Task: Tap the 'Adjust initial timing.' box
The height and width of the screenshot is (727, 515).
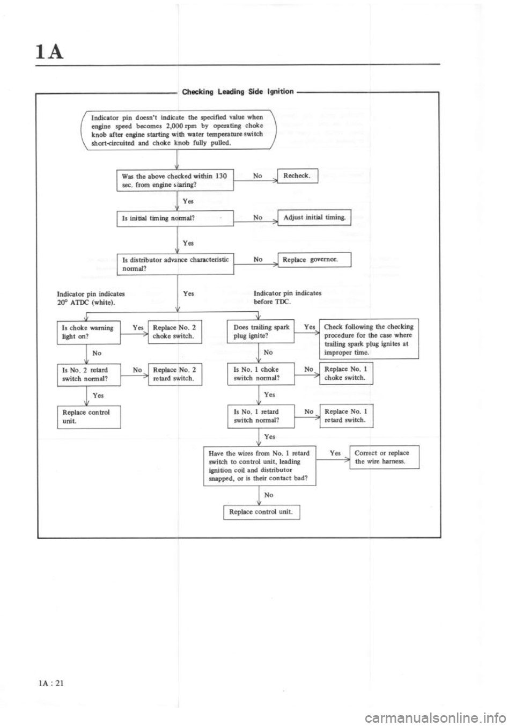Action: pos(314,218)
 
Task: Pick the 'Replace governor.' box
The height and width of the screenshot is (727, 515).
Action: pos(314,260)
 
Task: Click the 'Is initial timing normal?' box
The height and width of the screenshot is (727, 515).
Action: pos(174,218)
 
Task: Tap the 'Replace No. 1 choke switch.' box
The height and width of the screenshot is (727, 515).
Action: pos(346,373)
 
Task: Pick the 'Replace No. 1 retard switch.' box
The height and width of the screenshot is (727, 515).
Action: pos(346,416)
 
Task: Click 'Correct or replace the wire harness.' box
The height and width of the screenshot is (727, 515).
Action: pos(384,457)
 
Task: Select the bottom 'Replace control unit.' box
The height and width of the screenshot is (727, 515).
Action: pos(261,512)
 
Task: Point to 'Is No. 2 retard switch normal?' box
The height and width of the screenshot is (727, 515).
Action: pos(89,374)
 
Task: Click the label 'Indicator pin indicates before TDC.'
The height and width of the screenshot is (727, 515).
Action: pos(287,298)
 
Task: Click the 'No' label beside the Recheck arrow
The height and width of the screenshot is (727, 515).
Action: pos(257,175)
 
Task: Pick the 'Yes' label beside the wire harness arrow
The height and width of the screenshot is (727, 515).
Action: pos(335,453)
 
